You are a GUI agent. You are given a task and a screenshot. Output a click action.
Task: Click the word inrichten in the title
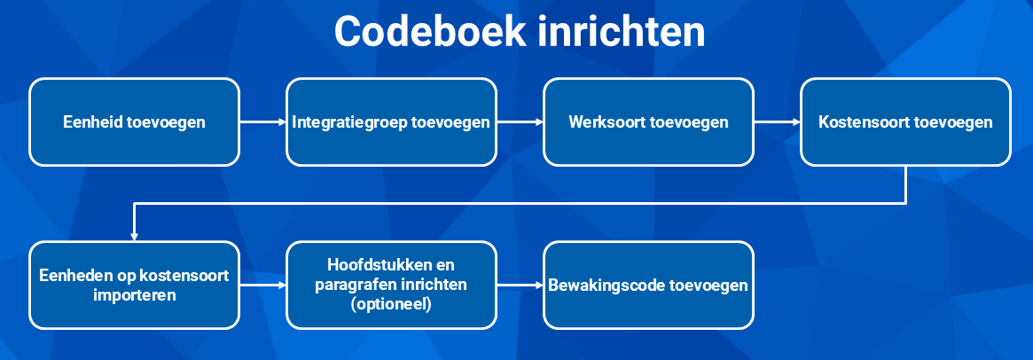tap(622, 32)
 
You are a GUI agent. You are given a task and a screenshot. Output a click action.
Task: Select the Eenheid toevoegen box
tap(135, 122)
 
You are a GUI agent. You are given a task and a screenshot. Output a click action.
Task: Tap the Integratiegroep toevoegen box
tap(391, 122)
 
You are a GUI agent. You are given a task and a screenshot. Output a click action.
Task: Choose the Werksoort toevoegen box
tap(648, 122)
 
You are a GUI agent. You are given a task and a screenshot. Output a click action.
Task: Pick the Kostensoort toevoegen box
tap(905, 122)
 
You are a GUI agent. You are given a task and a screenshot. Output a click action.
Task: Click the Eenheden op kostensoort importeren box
tap(135, 285)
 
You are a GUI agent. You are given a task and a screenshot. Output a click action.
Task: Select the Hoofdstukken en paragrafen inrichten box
tap(391, 285)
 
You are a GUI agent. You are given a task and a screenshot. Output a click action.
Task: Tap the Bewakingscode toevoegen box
tap(648, 285)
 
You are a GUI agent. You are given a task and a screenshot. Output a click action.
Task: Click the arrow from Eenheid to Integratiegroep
tap(262, 122)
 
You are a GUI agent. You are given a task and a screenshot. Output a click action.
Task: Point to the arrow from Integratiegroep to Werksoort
tap(520, 122)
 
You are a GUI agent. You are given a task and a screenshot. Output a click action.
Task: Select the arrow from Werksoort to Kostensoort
tap(777, 122)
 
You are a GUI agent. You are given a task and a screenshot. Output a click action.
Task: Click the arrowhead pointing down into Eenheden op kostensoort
tap(135, 236)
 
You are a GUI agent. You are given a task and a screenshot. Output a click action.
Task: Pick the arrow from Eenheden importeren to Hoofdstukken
tap(262, 286)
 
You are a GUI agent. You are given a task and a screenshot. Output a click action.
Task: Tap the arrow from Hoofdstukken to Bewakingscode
tap(520, 286)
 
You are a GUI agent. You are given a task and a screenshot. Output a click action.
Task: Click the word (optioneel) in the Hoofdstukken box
tap(391, 305)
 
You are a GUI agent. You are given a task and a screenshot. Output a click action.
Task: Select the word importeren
tap(135, 294)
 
